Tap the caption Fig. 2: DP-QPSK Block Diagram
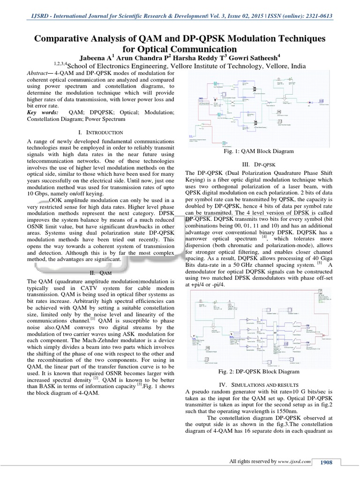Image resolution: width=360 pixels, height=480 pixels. click(259, 372)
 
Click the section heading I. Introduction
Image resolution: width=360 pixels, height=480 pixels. click(101, 133)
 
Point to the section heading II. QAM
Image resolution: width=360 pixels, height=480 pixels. click(100, 272)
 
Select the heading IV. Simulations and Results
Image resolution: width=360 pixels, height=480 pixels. click(259, 384)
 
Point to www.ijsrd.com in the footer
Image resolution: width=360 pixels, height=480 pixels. click(294, 462)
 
